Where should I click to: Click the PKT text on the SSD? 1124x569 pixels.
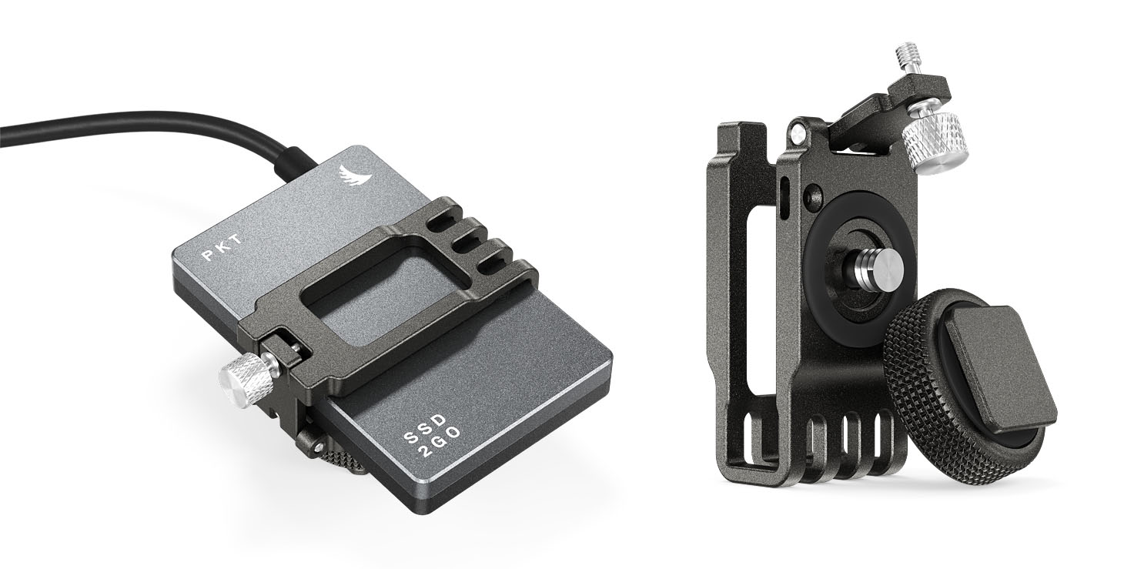tap(222, 247)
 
